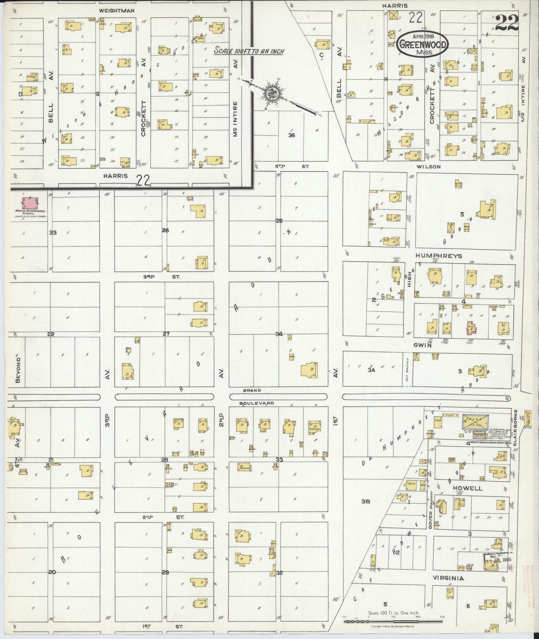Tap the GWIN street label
[422, 345]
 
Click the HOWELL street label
[468, 488]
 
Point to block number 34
[279, 334]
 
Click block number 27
[166, 334]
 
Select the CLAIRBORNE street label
[516, 425]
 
